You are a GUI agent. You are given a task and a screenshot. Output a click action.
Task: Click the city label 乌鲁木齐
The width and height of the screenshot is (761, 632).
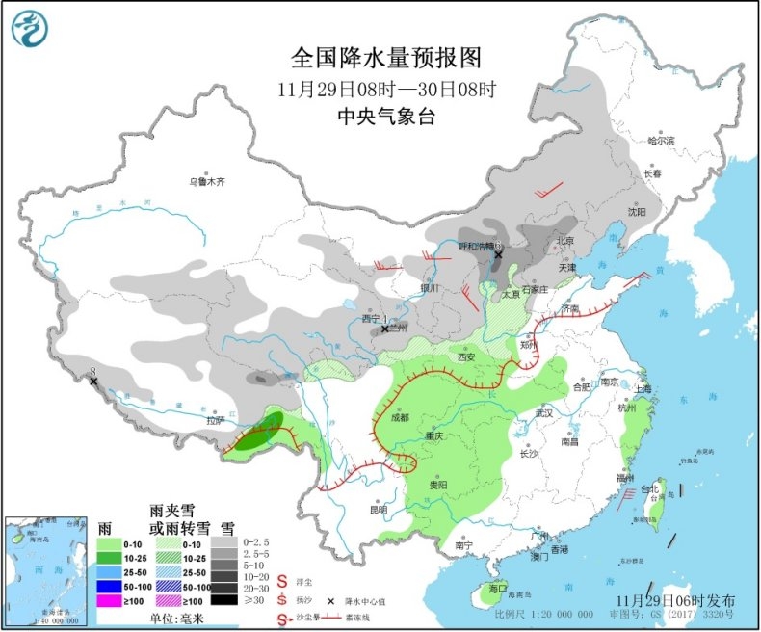click(x=205, y=180)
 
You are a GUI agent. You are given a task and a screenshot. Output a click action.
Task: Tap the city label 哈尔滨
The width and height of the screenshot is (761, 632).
click(x=662, y=141)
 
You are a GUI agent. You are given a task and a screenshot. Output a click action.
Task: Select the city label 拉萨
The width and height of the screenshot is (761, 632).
click(x=214, y=419)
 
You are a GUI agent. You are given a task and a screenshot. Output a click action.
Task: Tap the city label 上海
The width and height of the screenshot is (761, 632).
click(x=644, y=388)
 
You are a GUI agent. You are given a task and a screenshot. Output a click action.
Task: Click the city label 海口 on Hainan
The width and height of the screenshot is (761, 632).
click(x=497, y=587)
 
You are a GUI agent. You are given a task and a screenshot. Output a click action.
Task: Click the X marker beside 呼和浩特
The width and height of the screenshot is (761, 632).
click(x=498, y=255)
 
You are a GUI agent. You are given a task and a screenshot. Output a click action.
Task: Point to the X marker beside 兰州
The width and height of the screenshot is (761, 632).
click(x=384, y=329)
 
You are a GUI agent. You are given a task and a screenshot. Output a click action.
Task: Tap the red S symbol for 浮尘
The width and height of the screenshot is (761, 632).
click(x=282, y=582)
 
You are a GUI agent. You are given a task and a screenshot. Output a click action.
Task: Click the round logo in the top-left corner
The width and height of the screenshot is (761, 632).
click(x=30, y=30)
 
